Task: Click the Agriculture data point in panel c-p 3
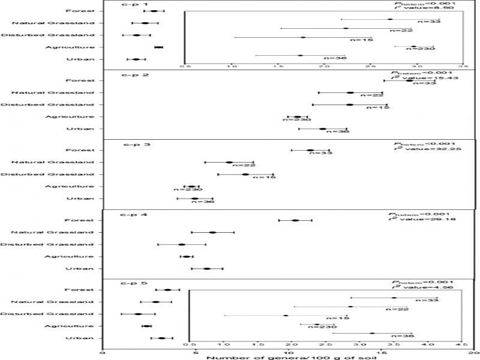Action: (192, 187)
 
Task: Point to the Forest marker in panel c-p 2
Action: (409, 80)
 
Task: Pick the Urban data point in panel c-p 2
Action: (323, 128)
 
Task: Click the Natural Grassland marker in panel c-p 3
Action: (229, 162)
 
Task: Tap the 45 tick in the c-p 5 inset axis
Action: (461, 345)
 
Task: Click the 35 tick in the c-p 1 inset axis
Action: (462, 67)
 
